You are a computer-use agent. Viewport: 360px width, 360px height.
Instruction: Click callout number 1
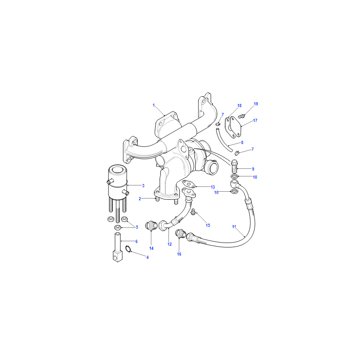pyautogui.click(x=153, y=105)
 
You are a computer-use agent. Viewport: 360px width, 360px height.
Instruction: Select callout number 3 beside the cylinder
pyautogui.click(x=143, y=185)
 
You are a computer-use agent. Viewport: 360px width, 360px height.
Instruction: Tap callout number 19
pyautogui.click(x=256, y=104)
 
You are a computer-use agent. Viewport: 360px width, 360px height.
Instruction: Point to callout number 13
pyautogui.click(x=212, y=187)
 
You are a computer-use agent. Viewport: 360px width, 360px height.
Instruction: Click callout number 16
pyautogui.click(x=179, y=254)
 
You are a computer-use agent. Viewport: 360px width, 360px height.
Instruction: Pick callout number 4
pyautogui.click(x=148, y=257)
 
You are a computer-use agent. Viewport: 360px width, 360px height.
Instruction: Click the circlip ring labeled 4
pyautogui.click(x=128, y=249)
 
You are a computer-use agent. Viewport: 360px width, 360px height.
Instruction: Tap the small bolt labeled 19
pyautogui.click(x=241, y=117)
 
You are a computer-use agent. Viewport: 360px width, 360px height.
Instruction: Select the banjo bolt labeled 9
pyautogui.click(x=234, y=166)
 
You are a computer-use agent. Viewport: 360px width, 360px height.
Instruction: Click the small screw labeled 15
pyautogui.click(x=193, y=211)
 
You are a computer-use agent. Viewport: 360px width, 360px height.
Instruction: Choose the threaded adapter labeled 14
pyautogui.click(x=151, y=225)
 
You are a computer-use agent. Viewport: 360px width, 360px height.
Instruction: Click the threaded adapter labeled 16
pyautogui.click(x=181, y=234)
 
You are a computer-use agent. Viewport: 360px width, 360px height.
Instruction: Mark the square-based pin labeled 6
pyautogui.click(x=117, y=247)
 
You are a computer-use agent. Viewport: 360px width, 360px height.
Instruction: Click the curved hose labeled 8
pyautogui.click(x=223, y=140)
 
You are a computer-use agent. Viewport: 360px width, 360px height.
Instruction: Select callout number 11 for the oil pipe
pyautogui.click(x=234, y=227)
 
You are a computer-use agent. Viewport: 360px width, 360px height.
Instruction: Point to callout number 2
pyautogui.click(x=139, y=198)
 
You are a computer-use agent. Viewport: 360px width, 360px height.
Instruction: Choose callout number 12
pyautogui.click(x=170, y=244)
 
